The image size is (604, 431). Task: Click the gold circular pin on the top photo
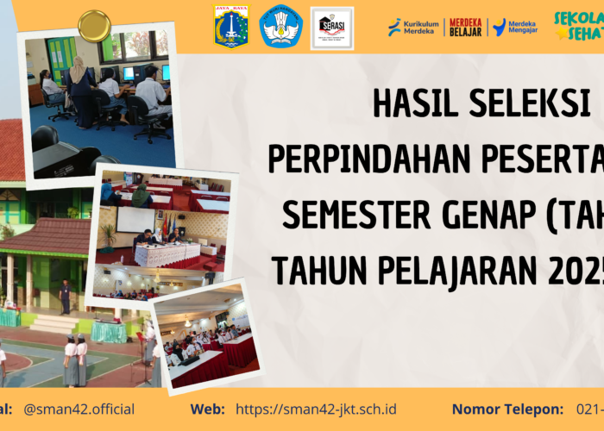pyautogui.click(x=93, y=26)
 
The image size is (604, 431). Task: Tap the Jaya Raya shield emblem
pyautogui.click(x=231, y=26)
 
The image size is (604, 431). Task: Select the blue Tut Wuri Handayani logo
pyautogui.click(x=281, y=26)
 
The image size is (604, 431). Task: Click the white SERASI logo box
pyautogui.click(x=332, y=28)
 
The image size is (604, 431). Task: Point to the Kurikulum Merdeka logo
pyautogui.click(x=413, y=27)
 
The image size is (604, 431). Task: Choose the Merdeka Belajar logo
pyautogui.click(x=466, y=27)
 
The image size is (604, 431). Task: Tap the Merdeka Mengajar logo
pyautogui.click(x=515, y=27)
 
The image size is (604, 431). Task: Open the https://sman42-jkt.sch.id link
pyautogui.click(x=316, y=409)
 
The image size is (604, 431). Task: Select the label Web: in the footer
pyautogui.click(x=208, y=409)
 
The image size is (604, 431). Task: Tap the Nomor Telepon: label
pyautogui.click(x=506, y=409)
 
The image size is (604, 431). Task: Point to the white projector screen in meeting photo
pyautogui.click(x=135, y=220)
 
